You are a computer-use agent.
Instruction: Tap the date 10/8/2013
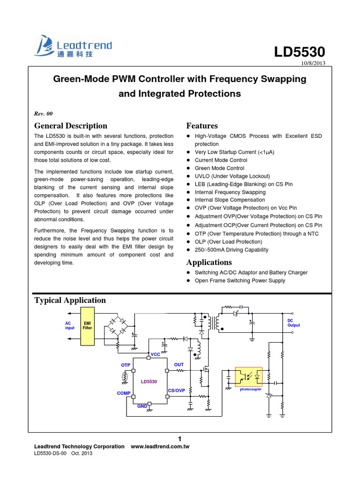tap(312, 64)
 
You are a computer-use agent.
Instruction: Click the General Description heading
tap(71, 126)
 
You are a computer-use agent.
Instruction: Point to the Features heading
tap(202, 126)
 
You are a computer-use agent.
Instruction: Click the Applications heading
tap(209, 262)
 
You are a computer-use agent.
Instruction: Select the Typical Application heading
tap(70, 300)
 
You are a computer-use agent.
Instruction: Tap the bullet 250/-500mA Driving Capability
tap(232, 250)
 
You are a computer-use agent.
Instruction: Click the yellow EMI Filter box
tap(88, 326)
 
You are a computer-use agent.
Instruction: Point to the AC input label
tap(70, 325)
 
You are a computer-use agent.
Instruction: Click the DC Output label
tap(293, 322)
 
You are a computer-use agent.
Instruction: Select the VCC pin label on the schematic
tap(155, 354)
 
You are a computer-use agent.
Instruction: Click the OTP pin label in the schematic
tap(125, 365)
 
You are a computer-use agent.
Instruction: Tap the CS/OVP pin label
tap(177, 390)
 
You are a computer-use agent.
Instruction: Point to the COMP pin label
tap(123, 393)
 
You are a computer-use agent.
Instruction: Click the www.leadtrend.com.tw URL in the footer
tap(159, 447)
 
